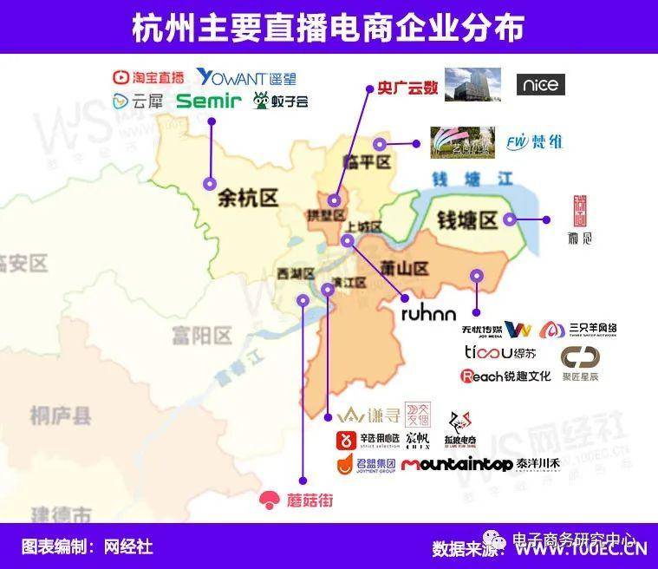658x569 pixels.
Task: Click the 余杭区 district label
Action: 248,199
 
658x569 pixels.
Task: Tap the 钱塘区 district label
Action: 466,220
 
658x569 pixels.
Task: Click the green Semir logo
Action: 208,101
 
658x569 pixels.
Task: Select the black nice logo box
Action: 540,84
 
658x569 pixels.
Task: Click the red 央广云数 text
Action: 403,88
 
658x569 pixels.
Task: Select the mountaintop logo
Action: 457,464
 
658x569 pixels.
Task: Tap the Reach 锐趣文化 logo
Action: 505,376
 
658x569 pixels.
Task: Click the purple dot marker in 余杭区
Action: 209,183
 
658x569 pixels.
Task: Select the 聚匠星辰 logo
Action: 580,364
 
